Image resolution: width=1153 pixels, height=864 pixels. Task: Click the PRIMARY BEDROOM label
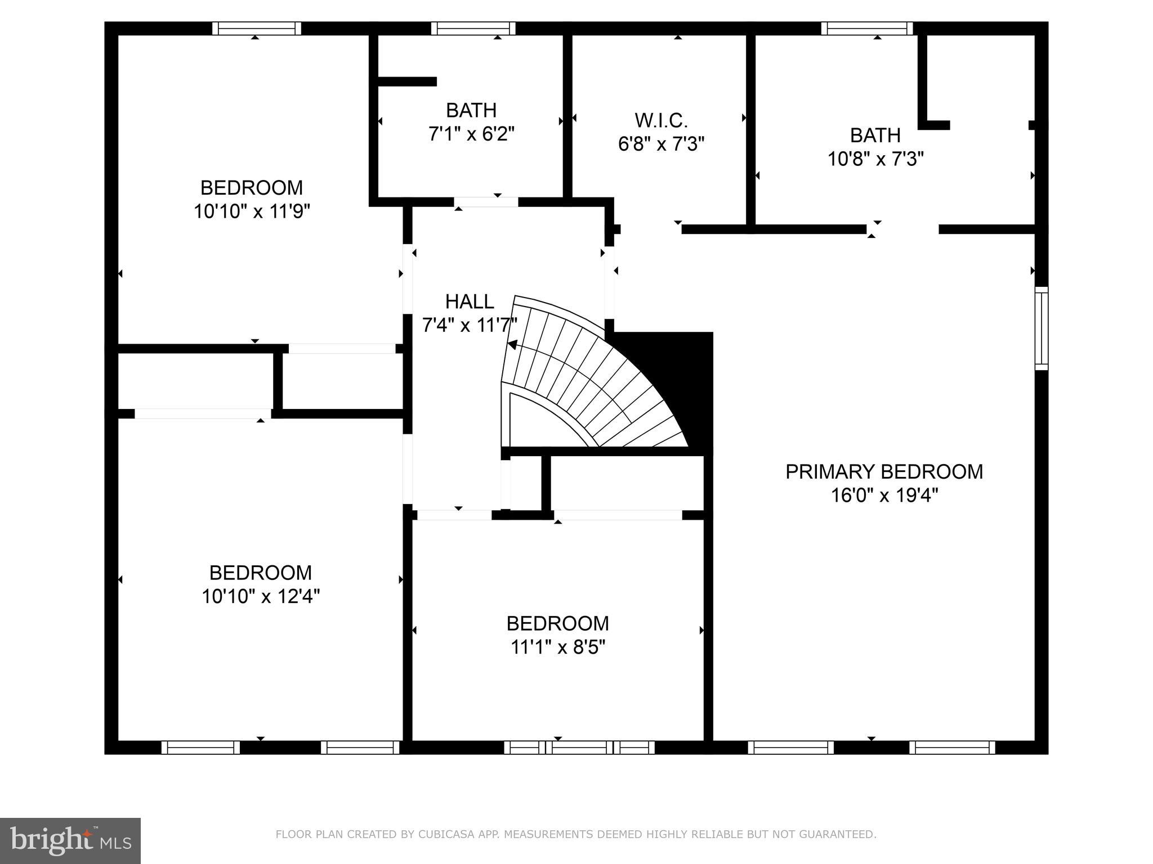[x=884, y=471]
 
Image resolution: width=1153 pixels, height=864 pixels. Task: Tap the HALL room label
[x=470, y=302]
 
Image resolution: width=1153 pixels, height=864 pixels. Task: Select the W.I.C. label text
[x=661, y=120]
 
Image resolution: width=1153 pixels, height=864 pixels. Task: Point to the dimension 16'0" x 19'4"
[x=884, y=496]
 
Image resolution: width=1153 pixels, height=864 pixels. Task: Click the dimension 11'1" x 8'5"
[x=557, y=647]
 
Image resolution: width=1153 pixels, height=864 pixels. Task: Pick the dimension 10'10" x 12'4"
[x=261, y=596]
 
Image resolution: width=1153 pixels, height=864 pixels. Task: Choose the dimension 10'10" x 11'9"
[x=252, y=211]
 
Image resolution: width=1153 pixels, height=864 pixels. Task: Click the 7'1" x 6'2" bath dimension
[x=471, y=134]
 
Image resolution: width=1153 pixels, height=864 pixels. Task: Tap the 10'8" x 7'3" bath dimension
[x=875, y=159]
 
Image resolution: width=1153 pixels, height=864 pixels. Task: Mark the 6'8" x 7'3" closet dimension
[x=661, y=145]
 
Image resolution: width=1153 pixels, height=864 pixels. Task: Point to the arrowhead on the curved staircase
[x=512, y=345]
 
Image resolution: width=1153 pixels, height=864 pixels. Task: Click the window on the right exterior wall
[x=1042, y=328]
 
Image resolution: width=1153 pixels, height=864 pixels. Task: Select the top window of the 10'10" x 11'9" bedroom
[x=256, y=28]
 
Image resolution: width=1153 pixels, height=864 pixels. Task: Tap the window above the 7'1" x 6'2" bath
[x=473, y=28]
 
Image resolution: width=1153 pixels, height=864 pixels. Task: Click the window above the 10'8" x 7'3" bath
[x=866, y=28]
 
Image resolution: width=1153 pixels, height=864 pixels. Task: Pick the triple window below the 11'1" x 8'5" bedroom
[x=579, y=748]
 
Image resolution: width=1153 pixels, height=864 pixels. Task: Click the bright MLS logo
[x=70, y=840]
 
